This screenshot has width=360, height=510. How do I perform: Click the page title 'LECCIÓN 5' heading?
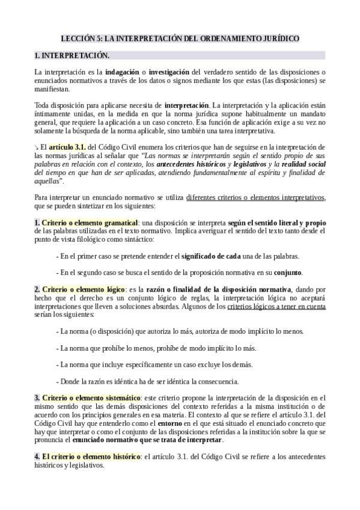tap(180, 38)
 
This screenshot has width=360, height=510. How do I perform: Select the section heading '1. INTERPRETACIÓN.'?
tap(72, 56)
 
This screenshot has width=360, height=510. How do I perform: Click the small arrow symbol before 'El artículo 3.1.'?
tap(37, 147)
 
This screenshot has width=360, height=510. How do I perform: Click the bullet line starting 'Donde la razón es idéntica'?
tap(147, 381)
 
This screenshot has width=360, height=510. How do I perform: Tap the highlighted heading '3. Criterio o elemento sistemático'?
tap(87, 398)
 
